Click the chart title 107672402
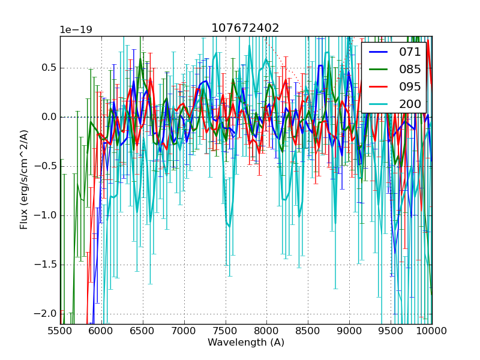click(245, 28)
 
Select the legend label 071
click(410, 52)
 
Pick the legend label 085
click(410, 69)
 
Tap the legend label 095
click(410, 86)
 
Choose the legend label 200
click(410, 104)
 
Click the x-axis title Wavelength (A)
click(246, 343)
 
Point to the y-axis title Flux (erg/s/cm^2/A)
click(24, 180)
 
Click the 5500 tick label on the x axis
click(60, 331)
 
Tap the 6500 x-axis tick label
click(143, 331)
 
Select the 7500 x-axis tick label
click(226, 331)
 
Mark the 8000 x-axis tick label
click(267, 331)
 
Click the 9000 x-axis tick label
click(350, 331)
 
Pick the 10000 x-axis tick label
click(432, 331)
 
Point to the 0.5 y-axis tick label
click(48, 68)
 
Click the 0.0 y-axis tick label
click(48, 117)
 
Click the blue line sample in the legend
click(378, 52)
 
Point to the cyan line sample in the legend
click(378, 104)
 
